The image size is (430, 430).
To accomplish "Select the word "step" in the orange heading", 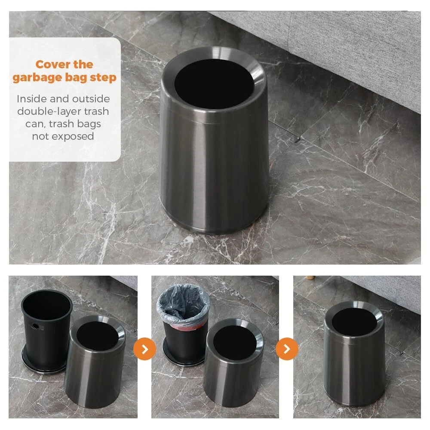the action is [103, 77].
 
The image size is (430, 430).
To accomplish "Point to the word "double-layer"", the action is [49, 111].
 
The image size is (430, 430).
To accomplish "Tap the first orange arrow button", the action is [144, 349].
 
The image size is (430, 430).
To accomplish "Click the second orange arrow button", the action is [287, 349].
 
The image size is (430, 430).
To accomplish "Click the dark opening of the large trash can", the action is [214, 84].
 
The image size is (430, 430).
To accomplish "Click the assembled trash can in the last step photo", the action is [354, 354].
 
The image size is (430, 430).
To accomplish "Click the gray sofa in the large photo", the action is [343, 46].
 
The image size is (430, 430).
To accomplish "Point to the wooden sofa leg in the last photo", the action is [310, 278].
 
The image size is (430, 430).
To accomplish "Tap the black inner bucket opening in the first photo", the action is [46, 305].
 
